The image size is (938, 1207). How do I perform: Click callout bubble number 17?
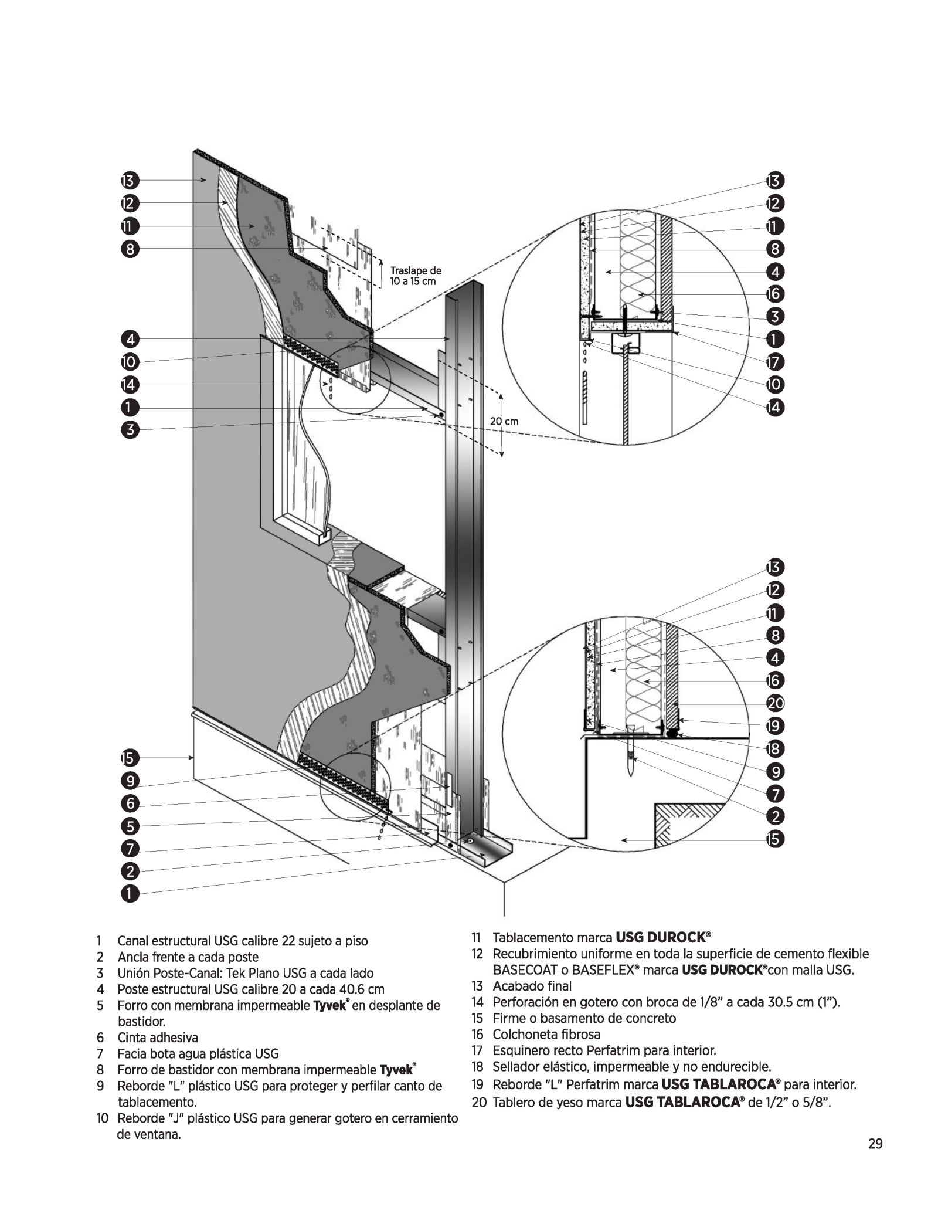774,362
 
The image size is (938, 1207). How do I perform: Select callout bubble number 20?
774,703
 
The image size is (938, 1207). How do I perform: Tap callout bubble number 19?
774,725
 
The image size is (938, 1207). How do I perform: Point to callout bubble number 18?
774,748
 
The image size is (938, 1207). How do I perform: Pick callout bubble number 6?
130,803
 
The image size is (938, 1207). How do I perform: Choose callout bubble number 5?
130,826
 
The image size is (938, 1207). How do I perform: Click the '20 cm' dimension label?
504,421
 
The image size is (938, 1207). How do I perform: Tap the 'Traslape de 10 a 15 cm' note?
415,276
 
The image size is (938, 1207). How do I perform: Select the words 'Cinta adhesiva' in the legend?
158,1038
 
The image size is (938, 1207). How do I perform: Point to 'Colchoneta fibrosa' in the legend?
546,1034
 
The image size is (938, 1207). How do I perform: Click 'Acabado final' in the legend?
532,986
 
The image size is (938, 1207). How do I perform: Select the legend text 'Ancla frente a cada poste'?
188,957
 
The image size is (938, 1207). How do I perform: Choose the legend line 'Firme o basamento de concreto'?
584,1018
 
